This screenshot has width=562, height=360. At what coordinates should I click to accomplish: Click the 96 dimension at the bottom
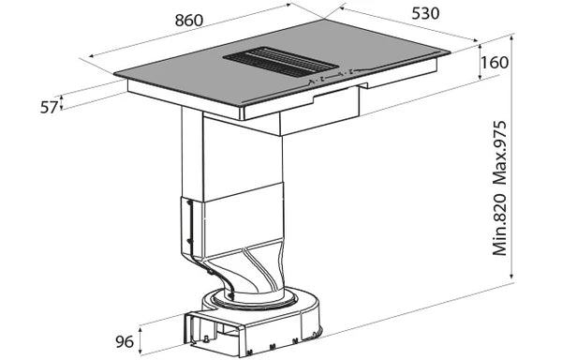coord(124,340)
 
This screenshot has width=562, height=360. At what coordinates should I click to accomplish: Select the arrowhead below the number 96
coord(140,353)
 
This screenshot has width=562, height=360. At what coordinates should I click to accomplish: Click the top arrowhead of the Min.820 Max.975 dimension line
coord(512,38)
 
